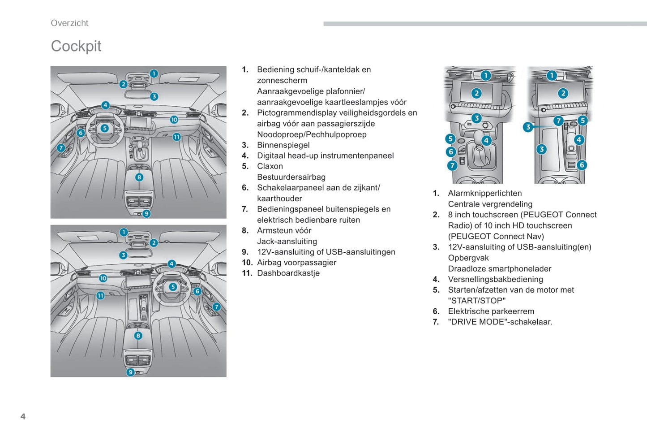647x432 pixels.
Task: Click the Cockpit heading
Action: [76, 46]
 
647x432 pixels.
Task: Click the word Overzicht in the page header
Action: [69, 23]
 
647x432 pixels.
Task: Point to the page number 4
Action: [23, 416]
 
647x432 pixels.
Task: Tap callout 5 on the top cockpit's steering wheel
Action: [105, 128]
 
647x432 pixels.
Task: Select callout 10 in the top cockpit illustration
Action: [174, 120]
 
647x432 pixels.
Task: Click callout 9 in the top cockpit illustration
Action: [146, 214]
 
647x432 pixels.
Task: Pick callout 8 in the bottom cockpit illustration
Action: [138, 336]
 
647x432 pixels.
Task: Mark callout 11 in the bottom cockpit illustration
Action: [100, 295]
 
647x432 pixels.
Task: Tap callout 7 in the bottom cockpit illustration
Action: [217, 307]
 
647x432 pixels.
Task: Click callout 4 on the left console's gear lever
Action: [486, 140]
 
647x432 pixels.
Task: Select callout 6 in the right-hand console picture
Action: [582, 165]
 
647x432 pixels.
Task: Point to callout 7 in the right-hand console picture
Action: [558, 121]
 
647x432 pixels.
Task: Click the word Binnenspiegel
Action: [283, 145]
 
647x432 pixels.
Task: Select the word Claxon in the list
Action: [270, 166]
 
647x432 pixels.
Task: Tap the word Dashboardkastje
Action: [288, 273]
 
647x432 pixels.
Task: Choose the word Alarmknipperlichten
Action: [484, 194]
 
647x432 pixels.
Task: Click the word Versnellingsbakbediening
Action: [495, 279]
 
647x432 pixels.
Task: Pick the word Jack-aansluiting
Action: [287, 241]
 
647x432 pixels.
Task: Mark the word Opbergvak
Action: [468, 258]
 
